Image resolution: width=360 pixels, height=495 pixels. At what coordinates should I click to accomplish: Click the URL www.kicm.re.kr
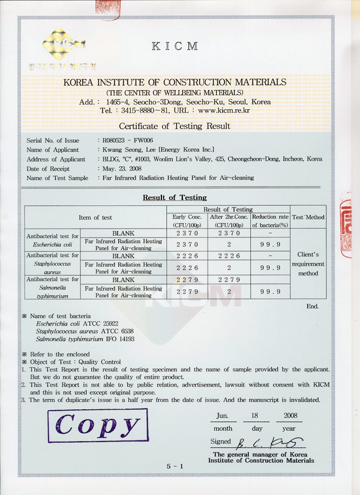coord(224,110)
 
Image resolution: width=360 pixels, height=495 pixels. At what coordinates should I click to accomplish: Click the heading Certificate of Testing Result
coord(175,126)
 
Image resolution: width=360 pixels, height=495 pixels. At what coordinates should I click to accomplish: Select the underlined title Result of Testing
coord(175,197)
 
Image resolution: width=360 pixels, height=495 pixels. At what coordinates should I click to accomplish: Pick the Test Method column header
coord(308,217)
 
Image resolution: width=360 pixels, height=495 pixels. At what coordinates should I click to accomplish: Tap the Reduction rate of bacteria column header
coord(270,220)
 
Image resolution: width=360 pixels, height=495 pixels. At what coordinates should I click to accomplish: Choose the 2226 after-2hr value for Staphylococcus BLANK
coord(228,256)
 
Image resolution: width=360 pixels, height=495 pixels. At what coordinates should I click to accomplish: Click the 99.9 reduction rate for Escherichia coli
coord(270,244)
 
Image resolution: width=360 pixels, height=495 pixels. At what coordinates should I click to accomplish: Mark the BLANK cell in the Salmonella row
coord(122,280)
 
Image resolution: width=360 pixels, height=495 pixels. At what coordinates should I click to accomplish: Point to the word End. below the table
coord(313,306)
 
